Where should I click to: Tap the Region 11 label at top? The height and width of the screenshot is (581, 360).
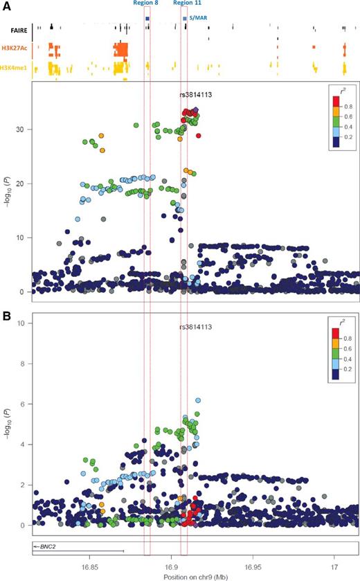pos(187,3)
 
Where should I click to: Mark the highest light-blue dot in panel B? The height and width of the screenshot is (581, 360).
pos(198,400)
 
